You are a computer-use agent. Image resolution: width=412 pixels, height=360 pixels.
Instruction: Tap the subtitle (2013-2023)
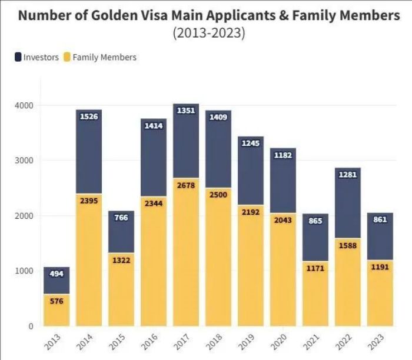tap(208, 33)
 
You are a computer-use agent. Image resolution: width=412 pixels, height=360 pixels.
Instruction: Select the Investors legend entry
tap(37, 57)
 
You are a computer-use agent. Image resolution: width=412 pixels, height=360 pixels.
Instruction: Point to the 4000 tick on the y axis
tap(24, 105)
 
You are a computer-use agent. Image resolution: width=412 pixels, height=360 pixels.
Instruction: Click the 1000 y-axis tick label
tap(24, 271)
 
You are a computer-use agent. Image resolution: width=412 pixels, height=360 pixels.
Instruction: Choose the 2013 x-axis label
tap(54, 341)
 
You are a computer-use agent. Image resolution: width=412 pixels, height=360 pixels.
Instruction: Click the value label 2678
tap(186, 186)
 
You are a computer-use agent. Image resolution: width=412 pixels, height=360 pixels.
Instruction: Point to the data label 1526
tap(88, 117)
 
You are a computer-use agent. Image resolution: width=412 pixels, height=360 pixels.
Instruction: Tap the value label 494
tap(57, 274)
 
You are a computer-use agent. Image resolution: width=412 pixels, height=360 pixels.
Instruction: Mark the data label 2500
tap(218, 195)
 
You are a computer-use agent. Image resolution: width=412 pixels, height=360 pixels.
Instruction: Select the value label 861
tap(380, 219)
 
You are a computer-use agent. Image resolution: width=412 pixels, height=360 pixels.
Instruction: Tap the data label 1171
tap(315, 268)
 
